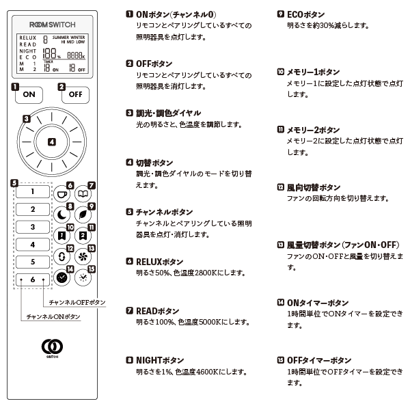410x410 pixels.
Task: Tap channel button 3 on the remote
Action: (32, 227)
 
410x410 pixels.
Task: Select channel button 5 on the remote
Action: (32, 262)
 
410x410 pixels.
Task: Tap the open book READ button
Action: (82, 195)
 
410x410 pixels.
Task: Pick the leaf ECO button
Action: (82, 215)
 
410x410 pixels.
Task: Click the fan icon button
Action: (82, 258)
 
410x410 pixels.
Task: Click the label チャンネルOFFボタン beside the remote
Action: (77, 301)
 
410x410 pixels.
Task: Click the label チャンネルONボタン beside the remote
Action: (53, 316)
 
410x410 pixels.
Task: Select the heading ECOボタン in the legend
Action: (305, 14)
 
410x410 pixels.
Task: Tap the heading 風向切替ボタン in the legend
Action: (312, 187)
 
